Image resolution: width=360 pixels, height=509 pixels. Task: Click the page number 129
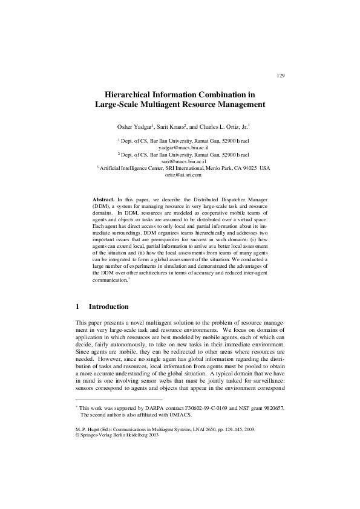[280, 76]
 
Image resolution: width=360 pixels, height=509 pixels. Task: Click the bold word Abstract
[103, 199]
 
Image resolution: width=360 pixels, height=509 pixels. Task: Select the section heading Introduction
[108, 306]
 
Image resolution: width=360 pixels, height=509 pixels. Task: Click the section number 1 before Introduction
[78, 306]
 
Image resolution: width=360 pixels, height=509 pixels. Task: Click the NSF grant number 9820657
[271, 409]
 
